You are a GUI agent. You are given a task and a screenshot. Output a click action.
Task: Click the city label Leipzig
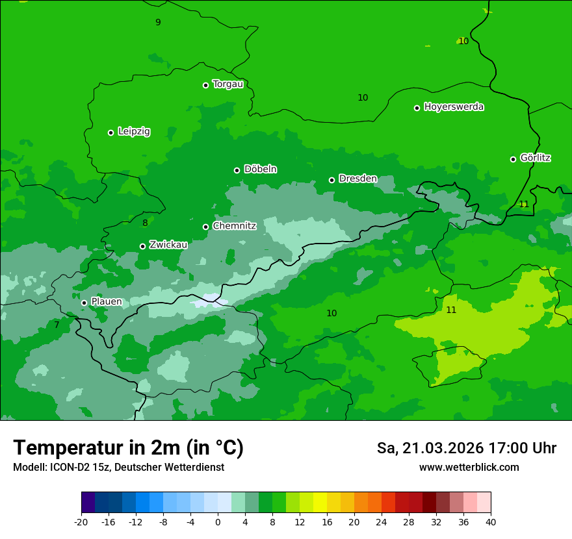[x=134, y=132]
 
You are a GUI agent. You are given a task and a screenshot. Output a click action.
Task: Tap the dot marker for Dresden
[x=331, y=180]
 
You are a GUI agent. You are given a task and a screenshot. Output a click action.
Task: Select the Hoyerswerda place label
[x=454, y=107]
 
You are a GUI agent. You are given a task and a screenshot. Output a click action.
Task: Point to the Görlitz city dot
[x=513, y=159]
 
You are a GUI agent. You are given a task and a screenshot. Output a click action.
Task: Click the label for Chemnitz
[x=234, y=227]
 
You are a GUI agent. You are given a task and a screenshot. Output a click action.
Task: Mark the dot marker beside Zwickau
[x=142, y=246]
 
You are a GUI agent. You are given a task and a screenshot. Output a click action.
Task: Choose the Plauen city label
[x=106, y=302]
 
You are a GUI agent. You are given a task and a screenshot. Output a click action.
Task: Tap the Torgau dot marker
[x=205, y=85]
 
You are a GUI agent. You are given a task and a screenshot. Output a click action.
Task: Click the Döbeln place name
[x=260, y=169]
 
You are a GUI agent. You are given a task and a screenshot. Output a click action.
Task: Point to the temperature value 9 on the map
[x=158, y=23]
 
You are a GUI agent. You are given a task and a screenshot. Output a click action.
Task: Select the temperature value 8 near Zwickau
[x=145, y=223]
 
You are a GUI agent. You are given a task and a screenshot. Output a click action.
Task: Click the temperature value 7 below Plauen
[x=57, y=325]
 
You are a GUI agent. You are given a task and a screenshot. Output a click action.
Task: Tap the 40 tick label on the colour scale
[x=490, y=521]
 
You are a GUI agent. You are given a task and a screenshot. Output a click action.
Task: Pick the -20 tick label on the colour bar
[x=81, y=521]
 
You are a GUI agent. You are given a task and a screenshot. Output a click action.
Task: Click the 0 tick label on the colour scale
[x=218, y=521]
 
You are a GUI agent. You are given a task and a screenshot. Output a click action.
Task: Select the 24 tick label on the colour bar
[x=381, y=521]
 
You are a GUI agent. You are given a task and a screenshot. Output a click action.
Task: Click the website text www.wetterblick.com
[x=469, y=468]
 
